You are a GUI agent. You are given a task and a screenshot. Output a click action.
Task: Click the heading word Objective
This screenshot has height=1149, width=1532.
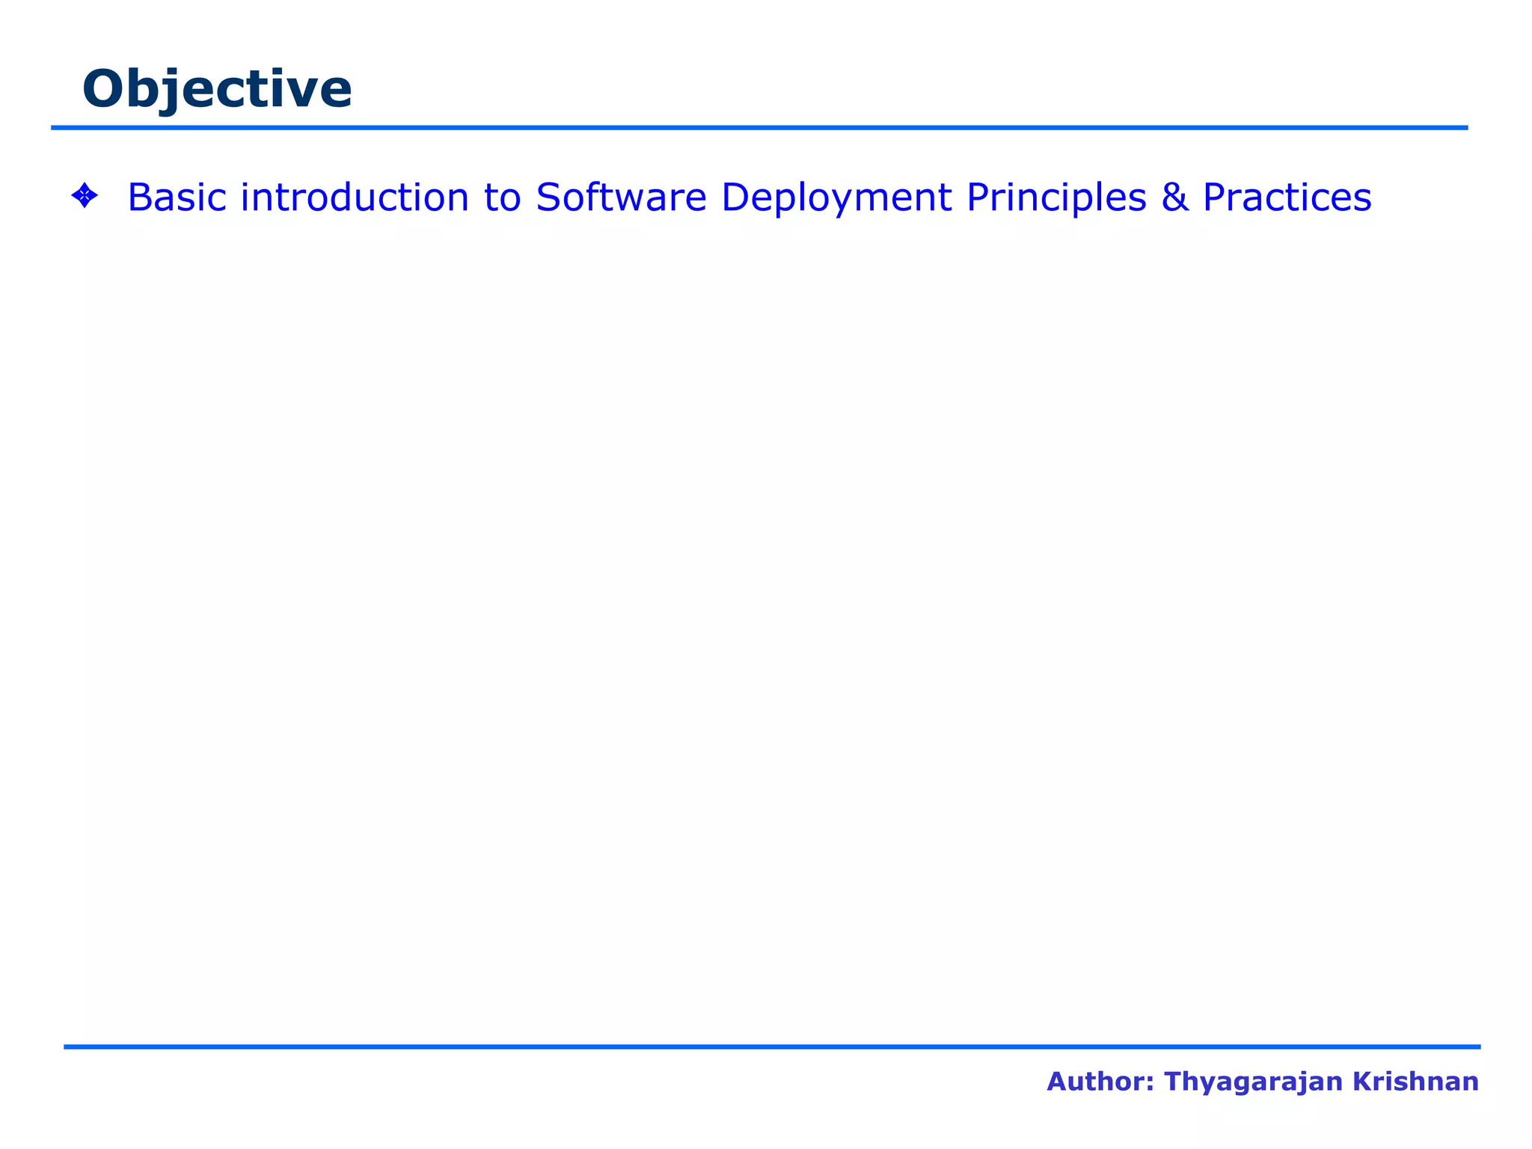(x=217, y=89)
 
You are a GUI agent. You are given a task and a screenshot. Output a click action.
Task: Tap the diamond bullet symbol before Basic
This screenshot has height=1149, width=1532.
(x=84, y=197)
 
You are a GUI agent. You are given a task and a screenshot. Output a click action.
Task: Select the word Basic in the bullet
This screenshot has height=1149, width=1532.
(x=177, y=197)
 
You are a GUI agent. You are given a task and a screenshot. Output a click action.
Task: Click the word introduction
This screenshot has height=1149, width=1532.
(x=355, y=197)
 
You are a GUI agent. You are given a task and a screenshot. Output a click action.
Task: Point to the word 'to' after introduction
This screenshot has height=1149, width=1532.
(x=502, y=197)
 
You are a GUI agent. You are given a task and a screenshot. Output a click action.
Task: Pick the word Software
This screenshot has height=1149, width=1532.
(x=621, y=197)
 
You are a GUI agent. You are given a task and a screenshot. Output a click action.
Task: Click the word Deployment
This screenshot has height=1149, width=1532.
(x=836, y=199)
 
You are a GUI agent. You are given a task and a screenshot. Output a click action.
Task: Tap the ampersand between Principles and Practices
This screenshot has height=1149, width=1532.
(x=1174, y=197)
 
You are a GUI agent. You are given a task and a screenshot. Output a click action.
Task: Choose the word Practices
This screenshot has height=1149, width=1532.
(x=1287, y=197)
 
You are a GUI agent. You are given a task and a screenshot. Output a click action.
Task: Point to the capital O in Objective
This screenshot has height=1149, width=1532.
(x=103, y=89)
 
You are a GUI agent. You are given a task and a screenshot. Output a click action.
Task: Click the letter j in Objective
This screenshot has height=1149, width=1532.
(x=174, y=91)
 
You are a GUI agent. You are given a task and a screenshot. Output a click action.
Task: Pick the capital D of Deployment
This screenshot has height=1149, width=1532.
(x=736, y=197)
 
